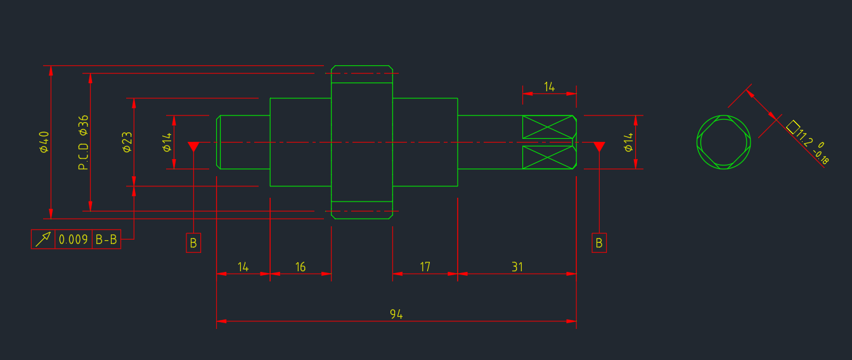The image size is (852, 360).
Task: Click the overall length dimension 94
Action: [396, 314]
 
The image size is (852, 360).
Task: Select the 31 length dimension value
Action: [517, 267]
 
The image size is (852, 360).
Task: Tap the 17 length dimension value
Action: [425, 267]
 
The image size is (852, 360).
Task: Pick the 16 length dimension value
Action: [300, 267]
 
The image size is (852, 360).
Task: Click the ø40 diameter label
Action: [44, 142]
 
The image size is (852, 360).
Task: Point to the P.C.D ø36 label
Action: [83, 143]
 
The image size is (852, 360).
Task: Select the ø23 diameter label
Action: [127, 142]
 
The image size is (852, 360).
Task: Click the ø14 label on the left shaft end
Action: [167, 142]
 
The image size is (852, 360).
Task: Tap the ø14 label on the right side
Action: [628, 142]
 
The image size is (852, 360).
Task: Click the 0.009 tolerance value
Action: [73, 240]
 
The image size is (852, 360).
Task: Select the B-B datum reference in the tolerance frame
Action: [106, 240]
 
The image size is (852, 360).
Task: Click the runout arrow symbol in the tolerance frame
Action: [43, 239]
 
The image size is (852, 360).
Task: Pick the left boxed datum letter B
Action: [193, 243]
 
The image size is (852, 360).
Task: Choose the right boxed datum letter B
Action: [599, 243]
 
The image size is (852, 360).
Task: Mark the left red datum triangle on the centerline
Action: [194, 146]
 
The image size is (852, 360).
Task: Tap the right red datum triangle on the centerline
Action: [599, 146]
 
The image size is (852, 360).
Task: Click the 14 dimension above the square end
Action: [549, 87]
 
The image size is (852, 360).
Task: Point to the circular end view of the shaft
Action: [723, 142]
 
